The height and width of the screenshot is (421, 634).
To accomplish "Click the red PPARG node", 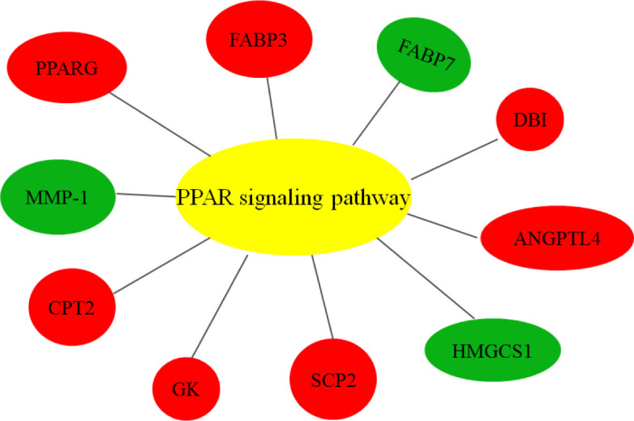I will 67,68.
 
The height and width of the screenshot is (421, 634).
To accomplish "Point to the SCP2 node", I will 333,379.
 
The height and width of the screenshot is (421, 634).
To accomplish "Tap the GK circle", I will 187,388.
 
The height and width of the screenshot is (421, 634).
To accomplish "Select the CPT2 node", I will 72,307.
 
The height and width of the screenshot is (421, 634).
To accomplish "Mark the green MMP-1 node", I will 59,196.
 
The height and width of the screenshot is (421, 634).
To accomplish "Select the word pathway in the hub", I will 367,198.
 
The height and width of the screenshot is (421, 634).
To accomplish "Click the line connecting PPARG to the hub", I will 161,124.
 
